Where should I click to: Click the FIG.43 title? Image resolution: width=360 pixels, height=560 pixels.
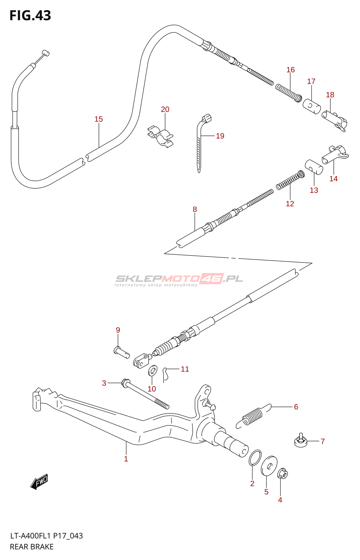(x=30, y=15)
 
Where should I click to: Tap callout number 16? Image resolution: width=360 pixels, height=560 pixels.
(x=290, y=70)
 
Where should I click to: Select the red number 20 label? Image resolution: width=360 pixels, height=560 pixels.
(x=165, y=109)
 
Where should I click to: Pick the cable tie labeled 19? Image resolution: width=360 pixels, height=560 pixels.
(x=203, y=143)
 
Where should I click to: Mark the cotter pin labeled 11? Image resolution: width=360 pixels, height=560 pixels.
(x=165, y=374)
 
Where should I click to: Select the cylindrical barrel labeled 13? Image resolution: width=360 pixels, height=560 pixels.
(x=314, y=167)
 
